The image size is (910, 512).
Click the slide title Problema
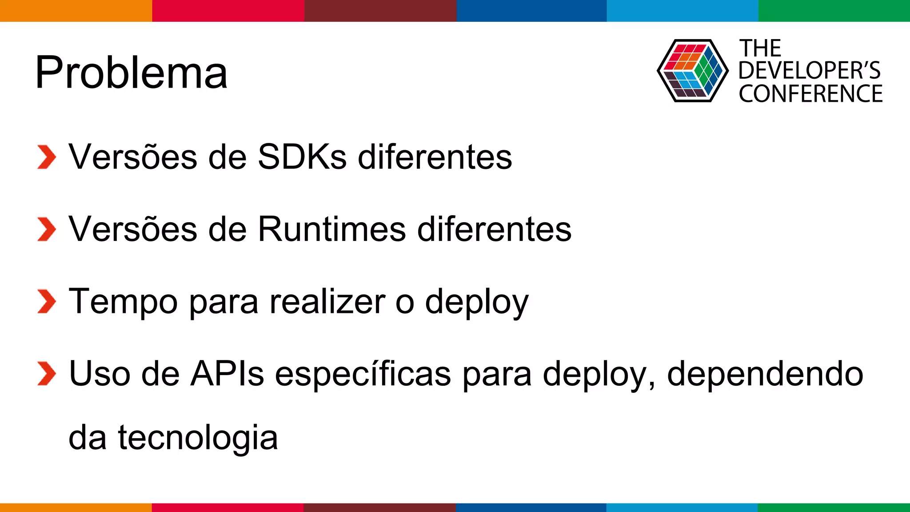pyautogui.click(x=131, y=72)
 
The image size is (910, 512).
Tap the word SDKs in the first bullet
pyautogui.click(x=302, y=157)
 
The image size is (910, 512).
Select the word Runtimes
pyautogui.click(x=332, y=229)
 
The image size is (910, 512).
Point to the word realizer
pyautogui.click(x=327, y=301)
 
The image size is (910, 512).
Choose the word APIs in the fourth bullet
pyautogui.click(x=227, y=374)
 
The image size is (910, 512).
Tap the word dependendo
pyautogui.click(x=765, y=374)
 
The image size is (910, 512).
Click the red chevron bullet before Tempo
pyautogui.click(x=47, y=301)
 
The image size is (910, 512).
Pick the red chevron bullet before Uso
pyautogui.click(x=47, y=374)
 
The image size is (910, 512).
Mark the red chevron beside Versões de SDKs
pyautogui.click(x=47, y=157)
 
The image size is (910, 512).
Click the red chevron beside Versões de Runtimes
pyautogui.click(x=47, y=229)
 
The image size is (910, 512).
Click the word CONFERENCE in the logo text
pyautogui.click(x=810, y=94)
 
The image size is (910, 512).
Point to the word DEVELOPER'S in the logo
pyautogui.click(x=809, y=71)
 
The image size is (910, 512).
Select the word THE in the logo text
pyautogui.click(x=760, y=48)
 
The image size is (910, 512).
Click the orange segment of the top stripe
pyautogui.click(x=76, y=11)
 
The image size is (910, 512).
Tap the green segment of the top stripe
pyautogui.click(x=834, y=11)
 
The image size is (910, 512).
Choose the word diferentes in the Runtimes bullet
pyautogui.click(x=494, y=229)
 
